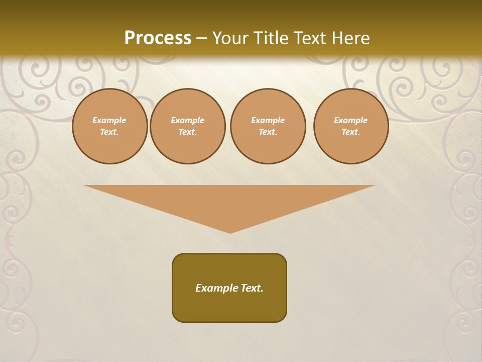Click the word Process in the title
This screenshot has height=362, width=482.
(x=158, y=38)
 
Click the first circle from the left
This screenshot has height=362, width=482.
(x=109, y=126)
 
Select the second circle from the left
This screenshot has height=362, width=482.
(x=188, y=126)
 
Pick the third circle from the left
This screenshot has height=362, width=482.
(x=268, y=126)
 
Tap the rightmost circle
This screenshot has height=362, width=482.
(x=351, y=126)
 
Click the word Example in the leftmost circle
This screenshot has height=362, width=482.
(x=109, y=120)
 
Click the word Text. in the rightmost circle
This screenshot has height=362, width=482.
(x=351, y=132)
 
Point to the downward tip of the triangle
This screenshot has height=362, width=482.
(x=230, y=232)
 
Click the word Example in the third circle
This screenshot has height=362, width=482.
(x=268, y=120)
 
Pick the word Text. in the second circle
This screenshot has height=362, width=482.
(x=188, y=132)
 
